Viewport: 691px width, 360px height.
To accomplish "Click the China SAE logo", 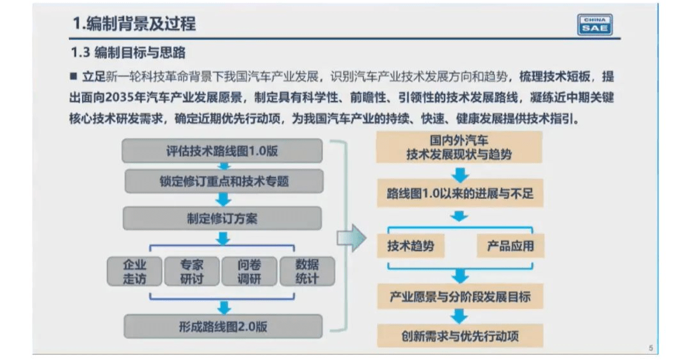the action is [x=594, y=25].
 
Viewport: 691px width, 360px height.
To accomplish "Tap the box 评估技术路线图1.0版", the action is [x=222, y=151].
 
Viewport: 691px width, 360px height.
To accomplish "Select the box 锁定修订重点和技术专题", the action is [x=224, y=181].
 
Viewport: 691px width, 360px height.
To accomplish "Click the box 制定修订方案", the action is [x=222, y=219].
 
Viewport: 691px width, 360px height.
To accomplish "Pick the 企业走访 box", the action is [x=134, y=271].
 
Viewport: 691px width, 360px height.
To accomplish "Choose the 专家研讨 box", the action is [x=192, y=271].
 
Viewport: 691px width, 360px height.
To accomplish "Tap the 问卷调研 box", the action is [x=250, y=271].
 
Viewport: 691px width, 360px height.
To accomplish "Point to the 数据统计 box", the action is [x=307, y=271].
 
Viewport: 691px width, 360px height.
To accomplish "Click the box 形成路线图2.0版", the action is [x=223, y=327].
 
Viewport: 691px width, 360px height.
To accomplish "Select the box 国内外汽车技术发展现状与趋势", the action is [x=459, y=147].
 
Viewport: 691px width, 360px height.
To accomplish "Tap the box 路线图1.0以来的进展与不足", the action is [x=459, y=193].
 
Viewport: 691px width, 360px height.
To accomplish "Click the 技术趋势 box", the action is [x=410, y=246].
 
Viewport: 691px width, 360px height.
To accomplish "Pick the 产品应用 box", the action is [x=511, y=246].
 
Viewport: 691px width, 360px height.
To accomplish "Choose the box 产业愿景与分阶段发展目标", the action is [x=459, y=297].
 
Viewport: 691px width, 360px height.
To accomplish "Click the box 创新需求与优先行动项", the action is [x=459, y=336].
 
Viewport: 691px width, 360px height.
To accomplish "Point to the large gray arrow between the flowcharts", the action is [x=351, y=238].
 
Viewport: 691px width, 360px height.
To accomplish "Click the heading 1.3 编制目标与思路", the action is [x=128, y=53].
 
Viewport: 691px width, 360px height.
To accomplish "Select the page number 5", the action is [x=651, y=348].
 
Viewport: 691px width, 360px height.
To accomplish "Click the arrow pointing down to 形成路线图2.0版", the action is [x=224, y=308].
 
